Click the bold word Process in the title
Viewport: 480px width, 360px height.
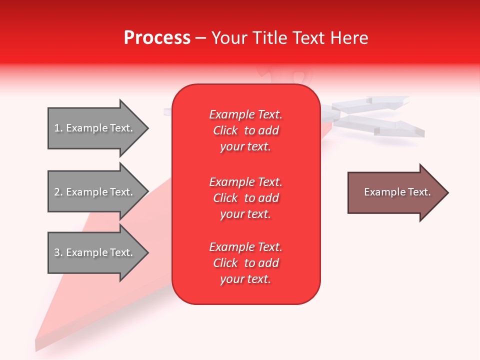coord(157,38)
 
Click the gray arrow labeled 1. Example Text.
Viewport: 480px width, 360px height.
coord(95,128)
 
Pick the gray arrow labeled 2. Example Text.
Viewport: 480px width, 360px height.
coord(95,192)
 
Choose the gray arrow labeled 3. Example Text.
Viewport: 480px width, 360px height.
coord(95,252)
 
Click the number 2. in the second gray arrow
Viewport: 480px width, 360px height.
coord(58,192)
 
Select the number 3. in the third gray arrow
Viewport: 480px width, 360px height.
coord(58,252)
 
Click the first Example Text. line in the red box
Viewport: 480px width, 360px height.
coord(245,114)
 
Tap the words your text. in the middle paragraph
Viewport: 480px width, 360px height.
coord(245,214)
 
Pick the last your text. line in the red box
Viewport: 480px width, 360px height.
coord(245,279)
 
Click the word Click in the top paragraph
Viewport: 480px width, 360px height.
coord(225,130)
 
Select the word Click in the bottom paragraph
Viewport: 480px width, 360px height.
coord(225,263)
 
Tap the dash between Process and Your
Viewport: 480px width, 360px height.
coord(201,38)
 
